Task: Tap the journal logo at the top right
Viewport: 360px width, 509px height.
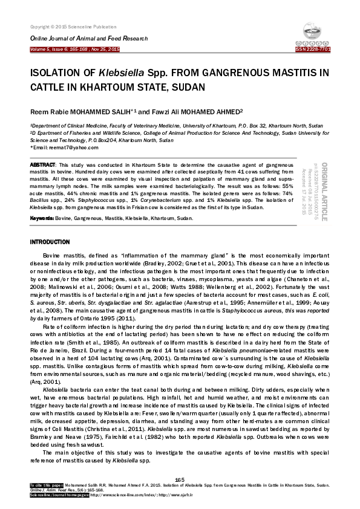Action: point(313,36)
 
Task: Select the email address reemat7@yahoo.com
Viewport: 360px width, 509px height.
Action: point(64,148)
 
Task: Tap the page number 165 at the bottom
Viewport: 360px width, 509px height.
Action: point(179,479)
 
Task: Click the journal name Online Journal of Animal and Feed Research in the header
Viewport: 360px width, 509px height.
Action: point(80,38)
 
